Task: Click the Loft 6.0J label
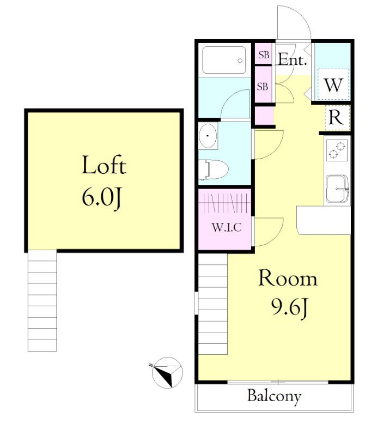(104, 181)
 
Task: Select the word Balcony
(274, 397)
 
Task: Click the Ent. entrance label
(293, 59)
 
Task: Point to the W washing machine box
(333, 84)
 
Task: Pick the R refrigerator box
(337, 118)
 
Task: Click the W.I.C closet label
(226, 227)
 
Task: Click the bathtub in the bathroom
(224, 60)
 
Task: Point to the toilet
(214, 169)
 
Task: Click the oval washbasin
(208, 136)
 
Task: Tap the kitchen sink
(337, 189)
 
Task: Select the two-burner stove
(337, 150)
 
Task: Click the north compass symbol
(167, 372)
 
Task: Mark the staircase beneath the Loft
(42, 301)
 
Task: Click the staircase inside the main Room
(213, 304)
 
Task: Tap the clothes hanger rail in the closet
(224, 203)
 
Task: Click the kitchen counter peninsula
(324, 220)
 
